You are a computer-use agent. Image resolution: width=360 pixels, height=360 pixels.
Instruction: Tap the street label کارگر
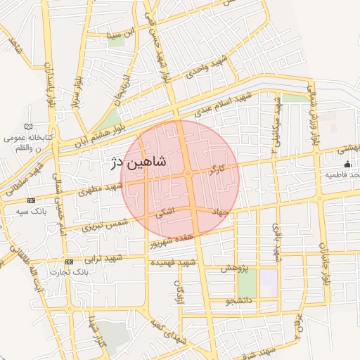[217, 169]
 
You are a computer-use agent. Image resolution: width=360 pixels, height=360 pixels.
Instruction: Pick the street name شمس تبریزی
[105, 224]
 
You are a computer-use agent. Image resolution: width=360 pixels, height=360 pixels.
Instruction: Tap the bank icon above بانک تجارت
[68, 262]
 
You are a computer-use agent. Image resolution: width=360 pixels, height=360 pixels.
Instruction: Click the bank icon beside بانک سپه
[31, 200]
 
